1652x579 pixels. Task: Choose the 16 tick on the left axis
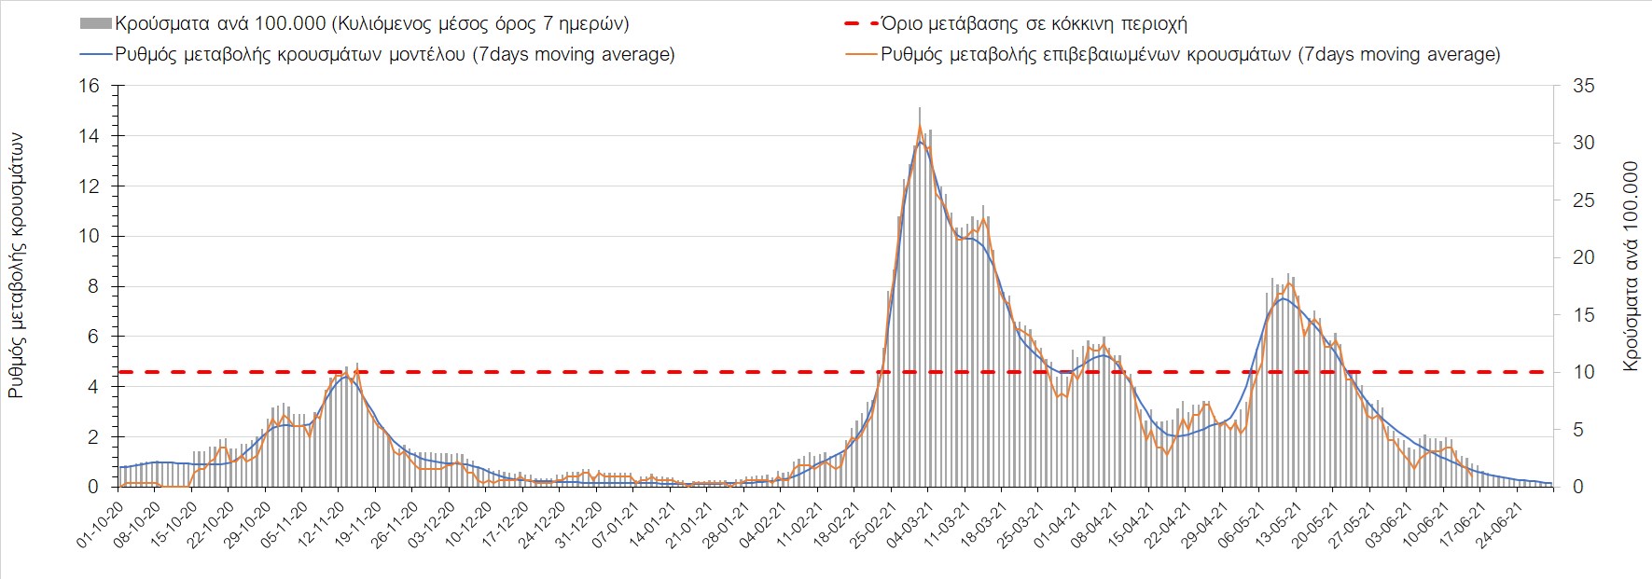[89, 86]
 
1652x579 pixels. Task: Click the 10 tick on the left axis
[89, 236]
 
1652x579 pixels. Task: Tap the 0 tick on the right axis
[1578, 487]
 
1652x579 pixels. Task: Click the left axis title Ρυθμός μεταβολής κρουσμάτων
[17, 266]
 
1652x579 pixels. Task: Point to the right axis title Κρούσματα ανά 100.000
[1631, 266]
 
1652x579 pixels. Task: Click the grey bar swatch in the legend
[96, 23]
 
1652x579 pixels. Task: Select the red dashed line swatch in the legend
[860, 23]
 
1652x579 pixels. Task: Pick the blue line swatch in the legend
[96, 54]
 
